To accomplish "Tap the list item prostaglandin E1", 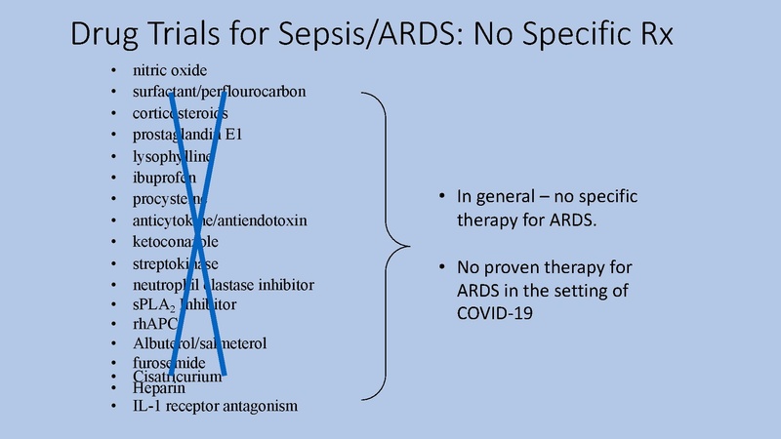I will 185,135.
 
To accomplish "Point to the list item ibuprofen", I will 164,178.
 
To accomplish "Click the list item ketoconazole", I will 175,242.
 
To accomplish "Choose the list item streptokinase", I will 175,264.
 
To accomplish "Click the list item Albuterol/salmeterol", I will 199,343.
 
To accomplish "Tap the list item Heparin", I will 159,389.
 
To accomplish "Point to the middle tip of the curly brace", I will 408,246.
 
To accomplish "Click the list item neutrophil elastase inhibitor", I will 223,285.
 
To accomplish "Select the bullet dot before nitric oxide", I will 115,71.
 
